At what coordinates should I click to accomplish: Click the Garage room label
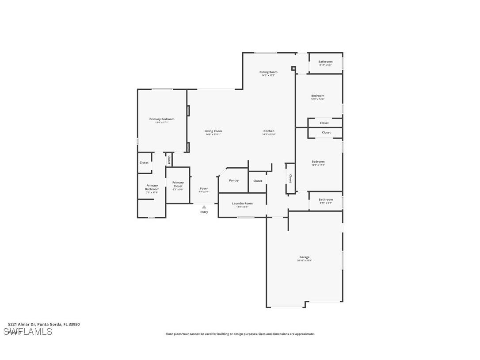304,257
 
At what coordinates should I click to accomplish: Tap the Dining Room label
268,72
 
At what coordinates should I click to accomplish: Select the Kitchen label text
269,131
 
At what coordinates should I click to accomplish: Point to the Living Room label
213,131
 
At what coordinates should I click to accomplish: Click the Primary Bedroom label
162,119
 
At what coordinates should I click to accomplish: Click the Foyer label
204,188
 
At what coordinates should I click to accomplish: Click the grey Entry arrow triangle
204,207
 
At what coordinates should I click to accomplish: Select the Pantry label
234,180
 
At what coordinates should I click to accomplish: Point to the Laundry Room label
242,203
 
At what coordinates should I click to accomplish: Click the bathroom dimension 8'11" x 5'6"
325,65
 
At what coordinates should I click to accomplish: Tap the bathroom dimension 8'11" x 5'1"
325,203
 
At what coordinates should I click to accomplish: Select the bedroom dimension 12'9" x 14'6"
317,99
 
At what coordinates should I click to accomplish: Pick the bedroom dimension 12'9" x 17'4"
317,165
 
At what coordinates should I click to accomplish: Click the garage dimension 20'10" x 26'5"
304,260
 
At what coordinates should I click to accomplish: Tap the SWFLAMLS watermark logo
28,332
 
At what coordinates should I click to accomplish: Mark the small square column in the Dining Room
293,69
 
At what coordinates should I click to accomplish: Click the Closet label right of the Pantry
258,181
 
